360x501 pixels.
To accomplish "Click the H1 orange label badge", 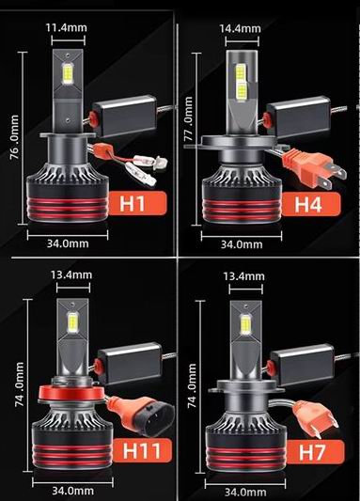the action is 138,203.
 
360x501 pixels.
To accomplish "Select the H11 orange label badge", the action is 143,450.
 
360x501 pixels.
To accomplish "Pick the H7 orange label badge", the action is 316,452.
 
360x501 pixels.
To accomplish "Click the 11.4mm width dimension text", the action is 66,27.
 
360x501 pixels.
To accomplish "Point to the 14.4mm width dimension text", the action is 241,29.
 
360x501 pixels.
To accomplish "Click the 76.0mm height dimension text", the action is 14,137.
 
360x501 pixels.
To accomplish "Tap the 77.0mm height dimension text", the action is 189,119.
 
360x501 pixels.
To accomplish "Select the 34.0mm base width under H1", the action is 68,243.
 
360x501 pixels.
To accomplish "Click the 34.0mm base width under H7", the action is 245,492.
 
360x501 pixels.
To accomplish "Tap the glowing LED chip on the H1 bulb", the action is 68,73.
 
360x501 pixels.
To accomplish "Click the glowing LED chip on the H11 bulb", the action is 72,322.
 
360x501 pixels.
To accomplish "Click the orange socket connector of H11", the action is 141,415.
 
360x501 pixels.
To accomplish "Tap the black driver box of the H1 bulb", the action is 124,116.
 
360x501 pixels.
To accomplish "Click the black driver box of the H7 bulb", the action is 302,365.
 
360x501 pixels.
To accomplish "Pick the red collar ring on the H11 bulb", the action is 72,393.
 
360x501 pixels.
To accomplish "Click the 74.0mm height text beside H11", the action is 19,384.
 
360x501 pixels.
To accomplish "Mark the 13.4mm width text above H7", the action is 243,276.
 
